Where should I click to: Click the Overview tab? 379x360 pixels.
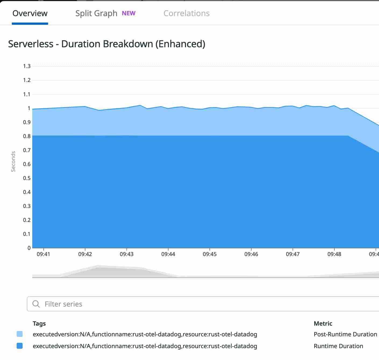point(30,13)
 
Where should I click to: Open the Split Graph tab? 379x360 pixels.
point(96,13)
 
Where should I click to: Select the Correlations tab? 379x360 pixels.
point(187,13)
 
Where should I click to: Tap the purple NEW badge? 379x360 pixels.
point(129,13)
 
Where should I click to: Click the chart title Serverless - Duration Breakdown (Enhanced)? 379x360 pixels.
point(106,44)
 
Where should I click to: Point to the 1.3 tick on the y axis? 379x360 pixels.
point(27,66)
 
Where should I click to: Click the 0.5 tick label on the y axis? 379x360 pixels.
point(27,178)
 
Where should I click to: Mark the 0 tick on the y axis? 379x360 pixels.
point(29,248)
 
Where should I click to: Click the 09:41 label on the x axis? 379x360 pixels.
point(43,254)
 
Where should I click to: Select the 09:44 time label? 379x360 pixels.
point(168,254)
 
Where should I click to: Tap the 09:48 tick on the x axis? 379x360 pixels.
point(334,254)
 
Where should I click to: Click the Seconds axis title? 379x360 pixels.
point(13,161)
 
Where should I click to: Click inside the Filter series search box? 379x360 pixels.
point(188,304)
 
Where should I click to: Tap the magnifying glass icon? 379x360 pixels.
point(36,304)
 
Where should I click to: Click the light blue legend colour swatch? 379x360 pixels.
point(20,334)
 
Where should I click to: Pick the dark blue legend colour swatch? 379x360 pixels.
point(20,346)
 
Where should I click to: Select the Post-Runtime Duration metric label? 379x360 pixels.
point(345,334)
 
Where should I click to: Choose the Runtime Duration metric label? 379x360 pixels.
point(338,346)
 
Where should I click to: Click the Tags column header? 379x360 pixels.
point(39,323)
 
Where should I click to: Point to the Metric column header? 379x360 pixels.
point(323,323)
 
